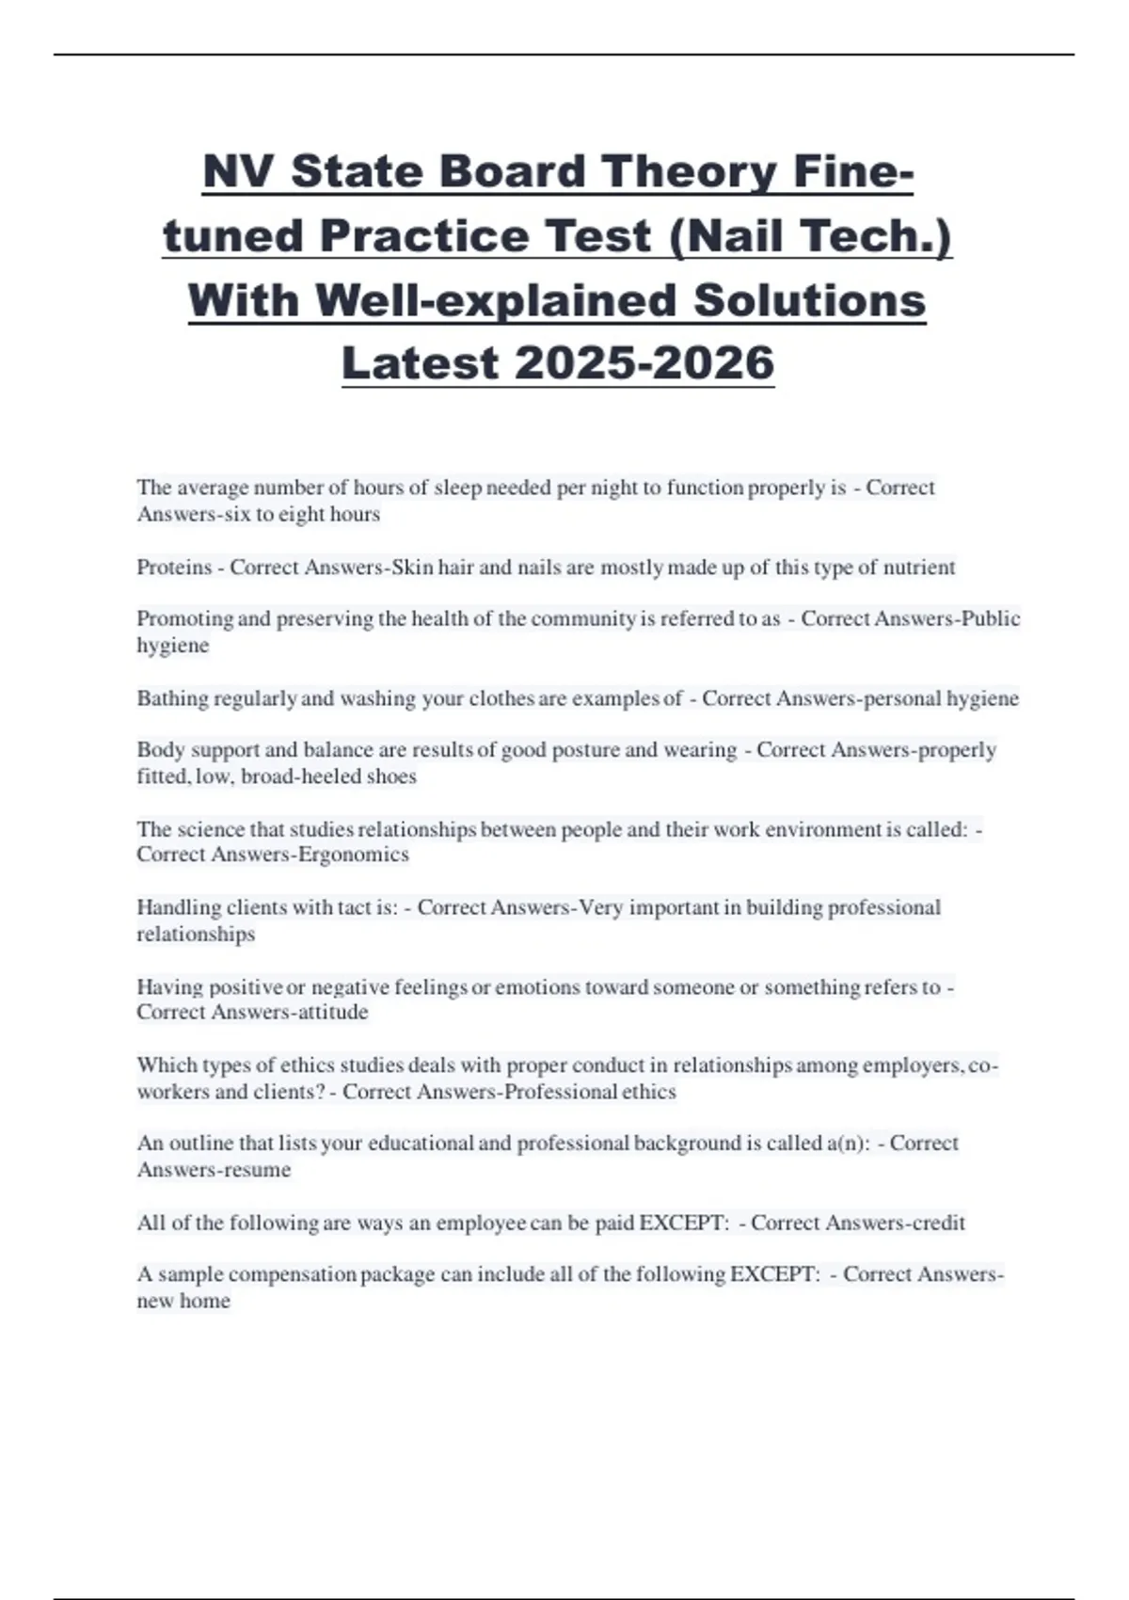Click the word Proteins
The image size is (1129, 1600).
174,568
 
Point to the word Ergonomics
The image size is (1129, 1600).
353,855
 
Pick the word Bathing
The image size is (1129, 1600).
173,698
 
